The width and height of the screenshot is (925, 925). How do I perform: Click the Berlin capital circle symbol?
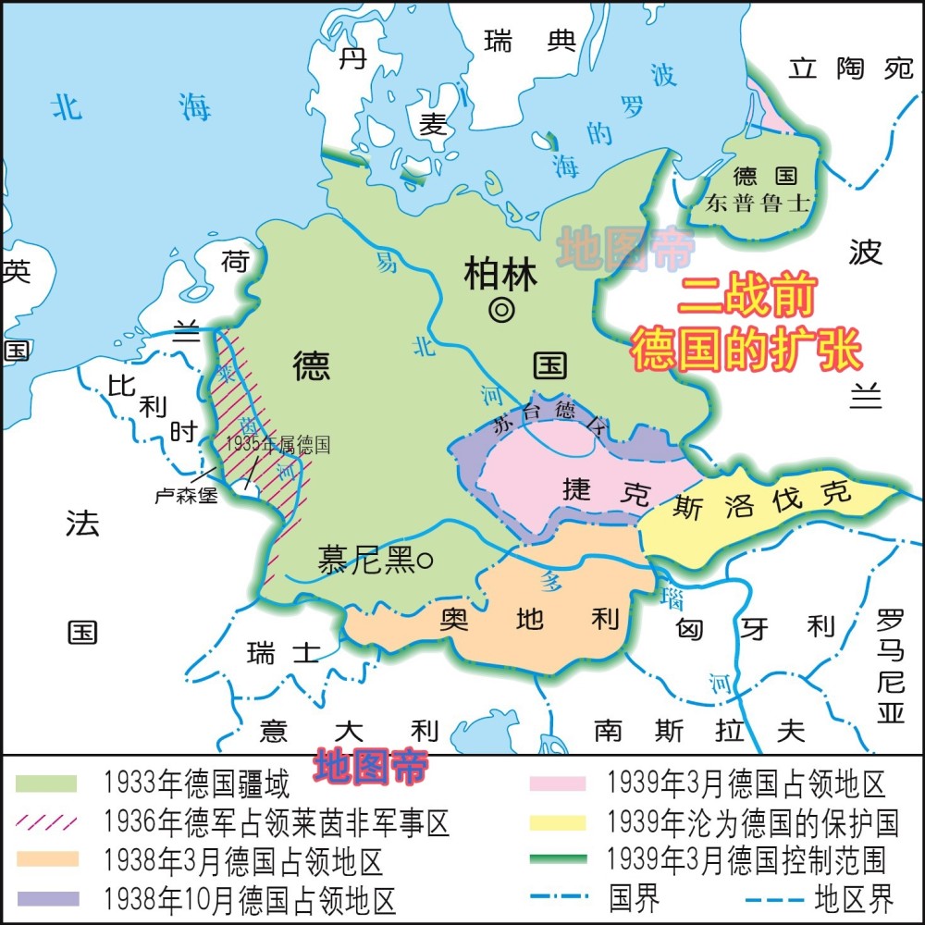[x=501, y=311]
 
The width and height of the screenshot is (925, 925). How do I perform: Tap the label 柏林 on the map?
[x=500, y=275]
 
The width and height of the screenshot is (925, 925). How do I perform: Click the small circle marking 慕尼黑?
[x=425, y=560]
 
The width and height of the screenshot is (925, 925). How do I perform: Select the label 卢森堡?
[x=186, y=495]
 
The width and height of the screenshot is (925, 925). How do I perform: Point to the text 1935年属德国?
[x=277, y=444]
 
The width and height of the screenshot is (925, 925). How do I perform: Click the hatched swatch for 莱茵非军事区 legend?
[x=45, y=821]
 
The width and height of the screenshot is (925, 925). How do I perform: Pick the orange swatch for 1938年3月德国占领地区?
[x=45, y=858]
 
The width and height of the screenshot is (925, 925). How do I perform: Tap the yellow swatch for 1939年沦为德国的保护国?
[x=558, y=821]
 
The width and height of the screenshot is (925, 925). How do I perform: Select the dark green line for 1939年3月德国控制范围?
[x=558, y=858]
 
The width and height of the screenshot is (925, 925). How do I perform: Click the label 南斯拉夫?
[x=699, y=731]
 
